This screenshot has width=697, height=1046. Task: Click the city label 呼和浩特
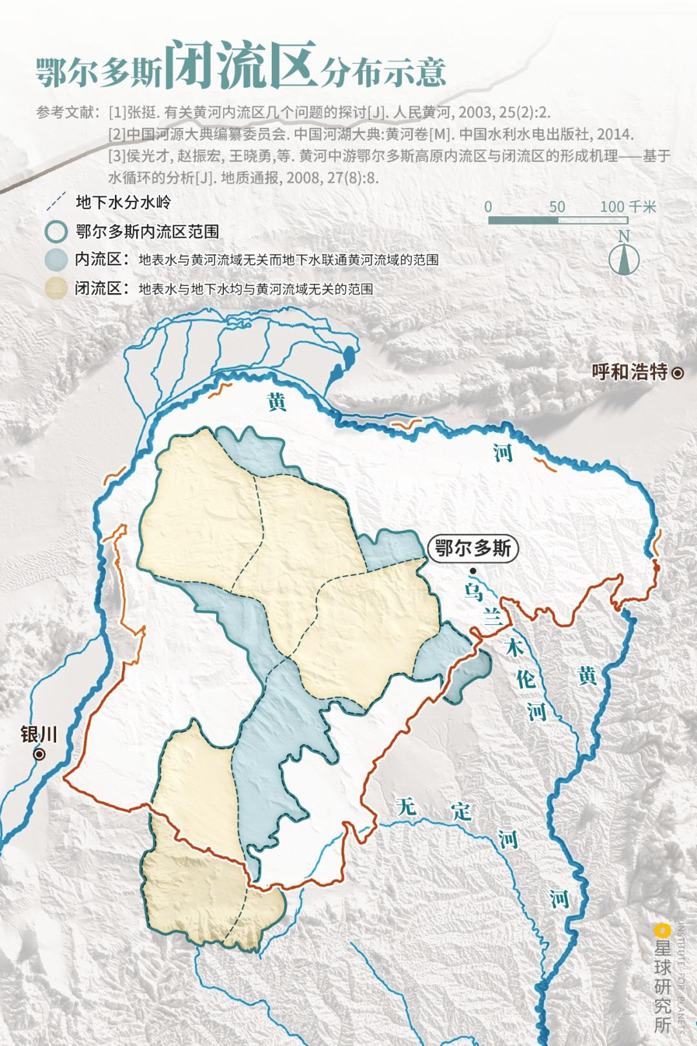(x=629, y=372)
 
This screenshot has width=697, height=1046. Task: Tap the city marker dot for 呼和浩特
(x=678, y=373)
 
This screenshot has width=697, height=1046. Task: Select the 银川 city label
(x=39, y=734)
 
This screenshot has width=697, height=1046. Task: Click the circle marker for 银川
(x=40, y=754)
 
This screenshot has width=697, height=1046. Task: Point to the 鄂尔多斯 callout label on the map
(x=473, y=549)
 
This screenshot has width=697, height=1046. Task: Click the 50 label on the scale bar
(x=557, y=207)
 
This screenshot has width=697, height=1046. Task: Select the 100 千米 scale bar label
(x=627, y=207)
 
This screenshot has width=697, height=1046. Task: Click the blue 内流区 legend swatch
(x=56, y=260)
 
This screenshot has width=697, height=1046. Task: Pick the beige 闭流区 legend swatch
(x=56, y=288)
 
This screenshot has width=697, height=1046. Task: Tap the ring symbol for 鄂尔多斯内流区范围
(x=56, y=231)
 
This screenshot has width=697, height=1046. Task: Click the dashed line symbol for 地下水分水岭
(x=56, y=201)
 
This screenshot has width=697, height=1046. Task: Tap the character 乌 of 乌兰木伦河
(x=473, y=591)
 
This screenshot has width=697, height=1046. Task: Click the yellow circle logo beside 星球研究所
(x=661, y=930)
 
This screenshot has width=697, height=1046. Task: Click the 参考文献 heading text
(x=64, y=112)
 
